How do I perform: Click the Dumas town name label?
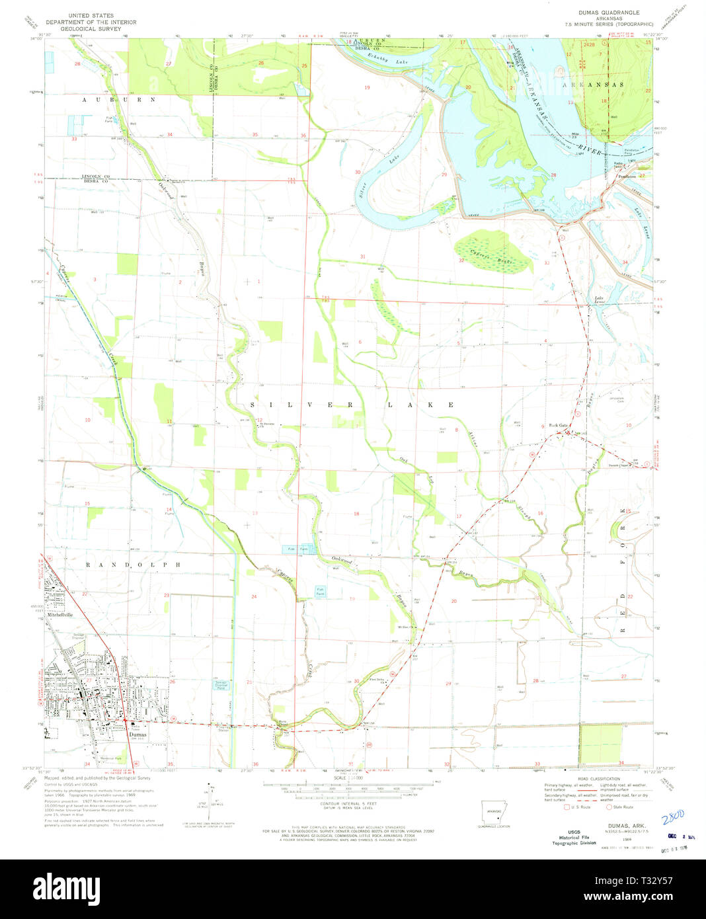pos(137,734)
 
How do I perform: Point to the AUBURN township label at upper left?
pos(120,99)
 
